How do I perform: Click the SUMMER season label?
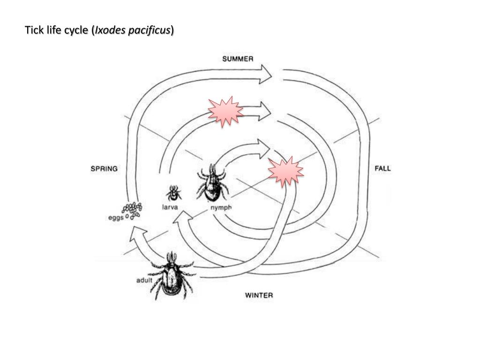[238, 59]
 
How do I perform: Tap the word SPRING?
[104, 169]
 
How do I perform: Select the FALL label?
[382, 169]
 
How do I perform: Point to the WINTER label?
[259, 295]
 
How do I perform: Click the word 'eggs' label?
[116, 217]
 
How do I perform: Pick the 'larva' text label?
[170, 208]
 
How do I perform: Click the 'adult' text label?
[144, 281]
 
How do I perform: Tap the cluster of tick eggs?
[133, 210]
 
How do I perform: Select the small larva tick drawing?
[173, 193]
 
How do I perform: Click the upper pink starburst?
[225, 111]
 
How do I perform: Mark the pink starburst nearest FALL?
[285, 170]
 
